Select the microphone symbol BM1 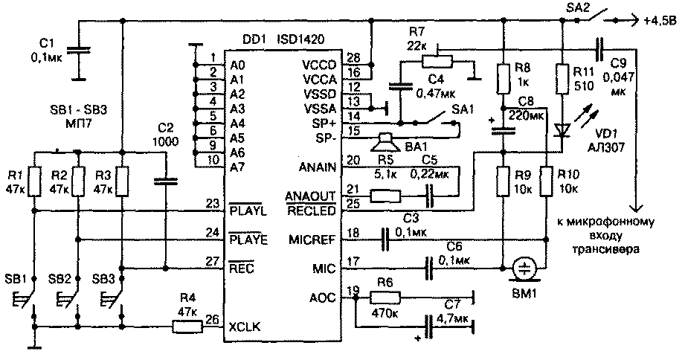(525, 269)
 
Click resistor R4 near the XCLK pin (185, 326)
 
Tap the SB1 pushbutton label (15, 278)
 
